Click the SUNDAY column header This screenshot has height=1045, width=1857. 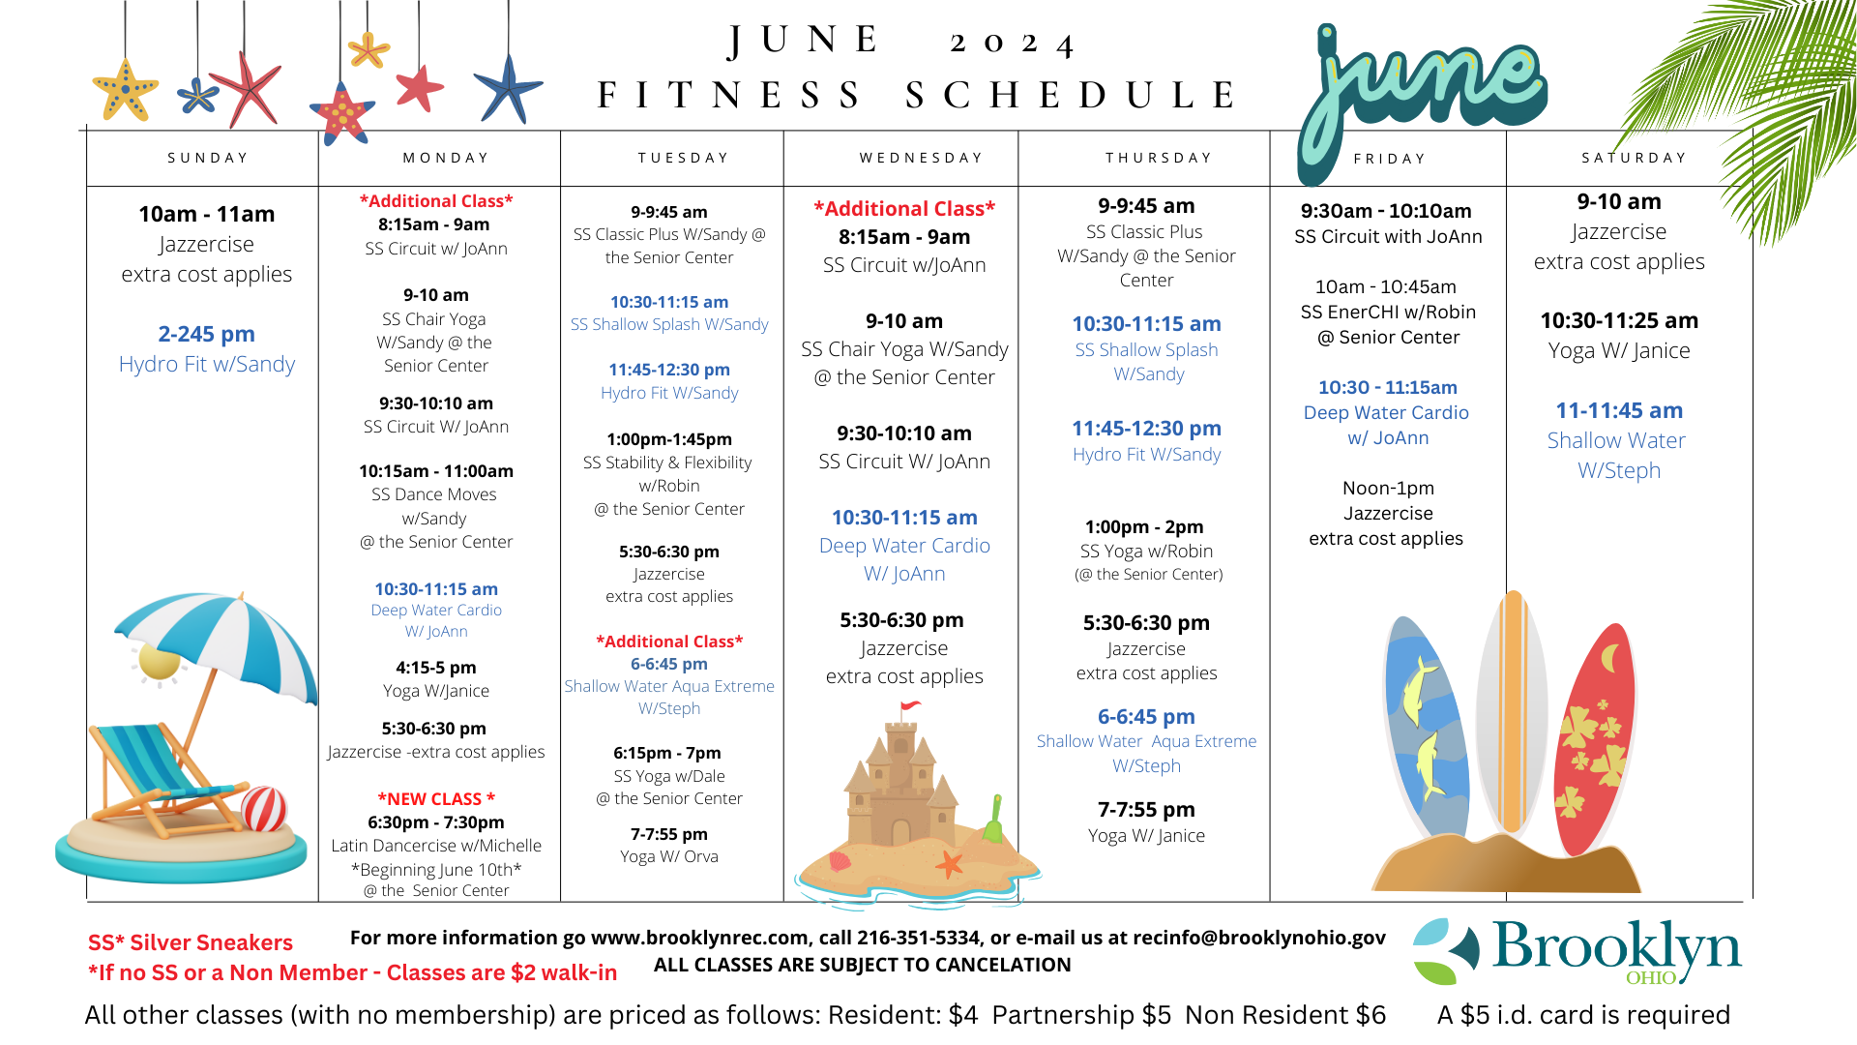tap(208, 158)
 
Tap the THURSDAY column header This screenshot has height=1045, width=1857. tap(1159, 158)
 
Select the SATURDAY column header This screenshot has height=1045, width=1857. tap(1634, 158)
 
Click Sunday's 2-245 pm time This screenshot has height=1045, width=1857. tap(206, 334)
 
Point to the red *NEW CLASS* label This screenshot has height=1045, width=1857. tap(436, 798)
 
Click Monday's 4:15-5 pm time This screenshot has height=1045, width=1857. tap(436, 668)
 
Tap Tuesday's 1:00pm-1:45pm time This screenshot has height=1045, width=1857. tap(669, 439)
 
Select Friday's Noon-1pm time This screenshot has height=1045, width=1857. tap(1388, 489)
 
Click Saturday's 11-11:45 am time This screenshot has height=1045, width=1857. tap(1619, 410)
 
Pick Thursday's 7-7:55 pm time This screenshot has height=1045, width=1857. tap(1146, 809)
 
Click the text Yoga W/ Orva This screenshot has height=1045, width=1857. tap(669, 856)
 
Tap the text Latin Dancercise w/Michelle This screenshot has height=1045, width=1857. tap(436, 846)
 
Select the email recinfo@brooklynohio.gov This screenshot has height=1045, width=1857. tap(1258, 938)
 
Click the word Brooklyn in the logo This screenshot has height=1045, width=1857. tap(1615, 946)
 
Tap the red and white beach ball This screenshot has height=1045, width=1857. tap(263, 809)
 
